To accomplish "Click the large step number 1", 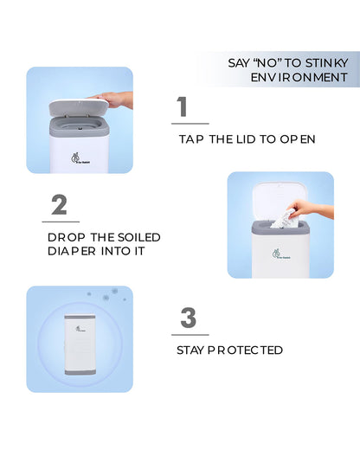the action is pos(183,106).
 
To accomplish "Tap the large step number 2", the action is pos(60,204).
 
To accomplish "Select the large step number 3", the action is pos(189,318).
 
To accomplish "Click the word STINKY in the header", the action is pos(327,63).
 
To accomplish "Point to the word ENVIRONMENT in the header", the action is pos(299,77).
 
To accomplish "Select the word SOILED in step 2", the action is pos(139,237).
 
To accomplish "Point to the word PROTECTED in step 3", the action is pos(245,350).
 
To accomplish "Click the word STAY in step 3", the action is pos(190,350).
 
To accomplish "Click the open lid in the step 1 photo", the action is pos(79,107).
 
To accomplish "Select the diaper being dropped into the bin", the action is pos(283,220).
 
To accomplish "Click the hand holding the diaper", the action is pos(312,209).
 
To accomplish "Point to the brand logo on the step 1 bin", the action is pos(80,158).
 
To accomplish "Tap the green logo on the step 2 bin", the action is pos(281,254).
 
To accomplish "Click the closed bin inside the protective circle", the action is pos(80,344).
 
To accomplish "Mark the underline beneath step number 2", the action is pos(61,222).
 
